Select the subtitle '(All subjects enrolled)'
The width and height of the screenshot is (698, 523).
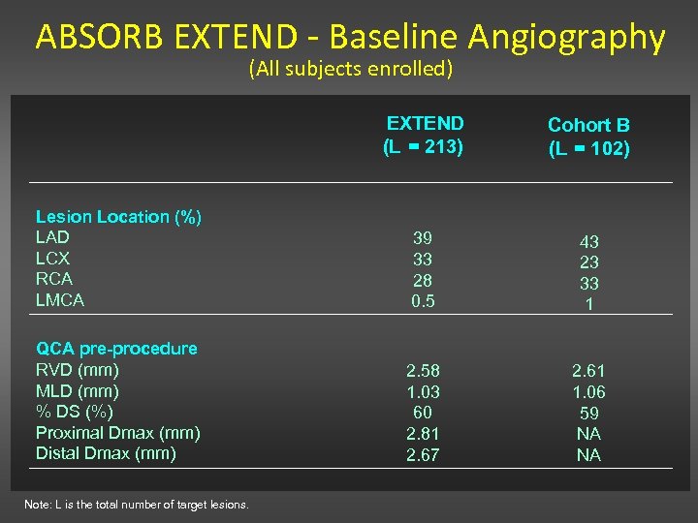coord(350,69)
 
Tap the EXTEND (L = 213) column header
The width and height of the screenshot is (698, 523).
coord(425,136)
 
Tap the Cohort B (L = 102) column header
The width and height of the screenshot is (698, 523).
coord(588,137)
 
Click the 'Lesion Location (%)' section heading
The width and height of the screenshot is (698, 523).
coord(118,217)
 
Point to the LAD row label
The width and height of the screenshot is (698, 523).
coord(52,237)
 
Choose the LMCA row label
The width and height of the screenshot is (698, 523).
coord(60,300)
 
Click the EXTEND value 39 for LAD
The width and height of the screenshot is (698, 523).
coord(423,238)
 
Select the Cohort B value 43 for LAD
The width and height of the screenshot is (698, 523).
coord(588,242)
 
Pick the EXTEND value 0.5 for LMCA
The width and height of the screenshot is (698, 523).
coord(423,301)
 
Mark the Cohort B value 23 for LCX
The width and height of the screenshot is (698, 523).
coord(588,262)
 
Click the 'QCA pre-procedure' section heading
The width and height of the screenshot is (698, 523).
coord(116,349)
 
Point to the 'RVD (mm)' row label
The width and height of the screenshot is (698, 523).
coord(78,370)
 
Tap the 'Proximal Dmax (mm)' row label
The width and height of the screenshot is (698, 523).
coord(117,433)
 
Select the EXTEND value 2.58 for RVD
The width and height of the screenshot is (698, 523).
coord(423,371)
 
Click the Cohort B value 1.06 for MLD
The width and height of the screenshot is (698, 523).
coord(588,392)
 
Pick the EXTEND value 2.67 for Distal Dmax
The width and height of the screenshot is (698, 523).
coord(423,455)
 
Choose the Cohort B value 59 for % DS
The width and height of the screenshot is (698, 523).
coord(588,413)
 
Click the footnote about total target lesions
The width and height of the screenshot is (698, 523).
coord(143,505)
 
